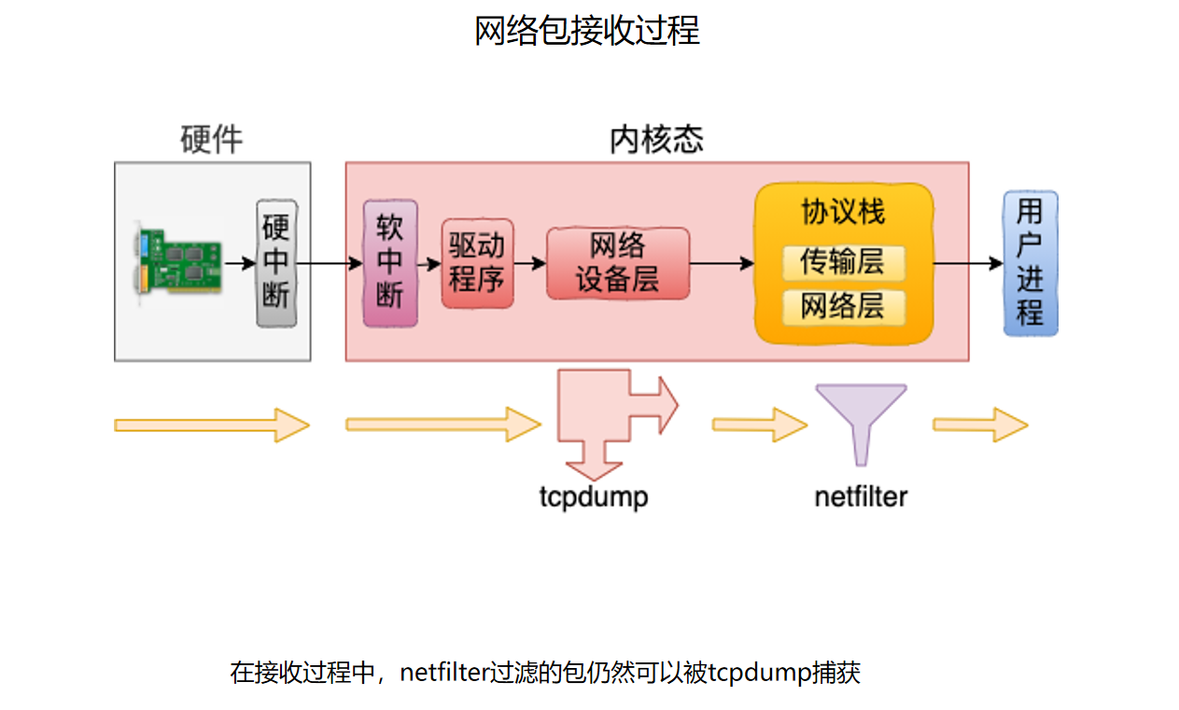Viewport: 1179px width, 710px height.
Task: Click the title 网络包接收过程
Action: pos(587,32)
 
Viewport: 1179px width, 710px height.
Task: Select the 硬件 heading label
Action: pos(212,140)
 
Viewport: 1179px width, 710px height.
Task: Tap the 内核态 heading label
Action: pos(656,140)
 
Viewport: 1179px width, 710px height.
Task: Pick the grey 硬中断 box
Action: pos(276,262)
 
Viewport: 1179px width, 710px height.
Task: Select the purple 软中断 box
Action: pos(389,263)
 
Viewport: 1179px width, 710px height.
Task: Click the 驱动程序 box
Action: pos(477,263)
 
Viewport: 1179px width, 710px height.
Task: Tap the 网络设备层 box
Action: pos(617,263)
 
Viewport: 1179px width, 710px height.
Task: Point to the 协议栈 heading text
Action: pos(842,212)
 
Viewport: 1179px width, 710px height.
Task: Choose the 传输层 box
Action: pos(842,262)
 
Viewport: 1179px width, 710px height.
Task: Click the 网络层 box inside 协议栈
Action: pos(842,306)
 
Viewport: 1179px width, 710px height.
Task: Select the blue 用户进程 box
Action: pos(1030,262)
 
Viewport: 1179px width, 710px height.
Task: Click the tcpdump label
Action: pos(593,496)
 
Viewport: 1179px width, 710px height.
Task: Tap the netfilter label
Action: pos(860,496)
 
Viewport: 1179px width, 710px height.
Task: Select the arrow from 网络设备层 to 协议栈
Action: pos(722,264)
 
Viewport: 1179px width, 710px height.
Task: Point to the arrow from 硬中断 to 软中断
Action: pos(330,264)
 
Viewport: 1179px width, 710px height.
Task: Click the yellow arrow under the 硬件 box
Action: pos(211,425)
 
